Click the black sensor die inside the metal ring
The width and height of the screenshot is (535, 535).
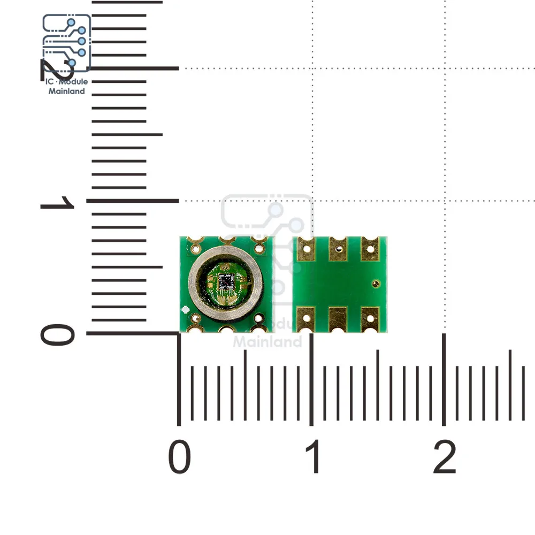226,279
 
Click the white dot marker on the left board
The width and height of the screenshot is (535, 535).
185,309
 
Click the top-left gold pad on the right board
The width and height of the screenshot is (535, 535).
306,249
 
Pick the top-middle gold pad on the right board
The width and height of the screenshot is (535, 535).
338,249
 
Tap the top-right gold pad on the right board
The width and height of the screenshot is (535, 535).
370,249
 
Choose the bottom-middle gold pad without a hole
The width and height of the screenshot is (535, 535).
338,319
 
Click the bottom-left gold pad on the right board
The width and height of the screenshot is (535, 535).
306,319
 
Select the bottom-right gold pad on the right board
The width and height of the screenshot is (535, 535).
370,319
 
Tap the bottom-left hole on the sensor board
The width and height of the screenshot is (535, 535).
195,319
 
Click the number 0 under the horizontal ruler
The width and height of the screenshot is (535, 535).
179,458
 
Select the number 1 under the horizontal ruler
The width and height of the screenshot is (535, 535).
314,458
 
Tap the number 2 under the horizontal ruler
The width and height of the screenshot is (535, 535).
445,458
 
